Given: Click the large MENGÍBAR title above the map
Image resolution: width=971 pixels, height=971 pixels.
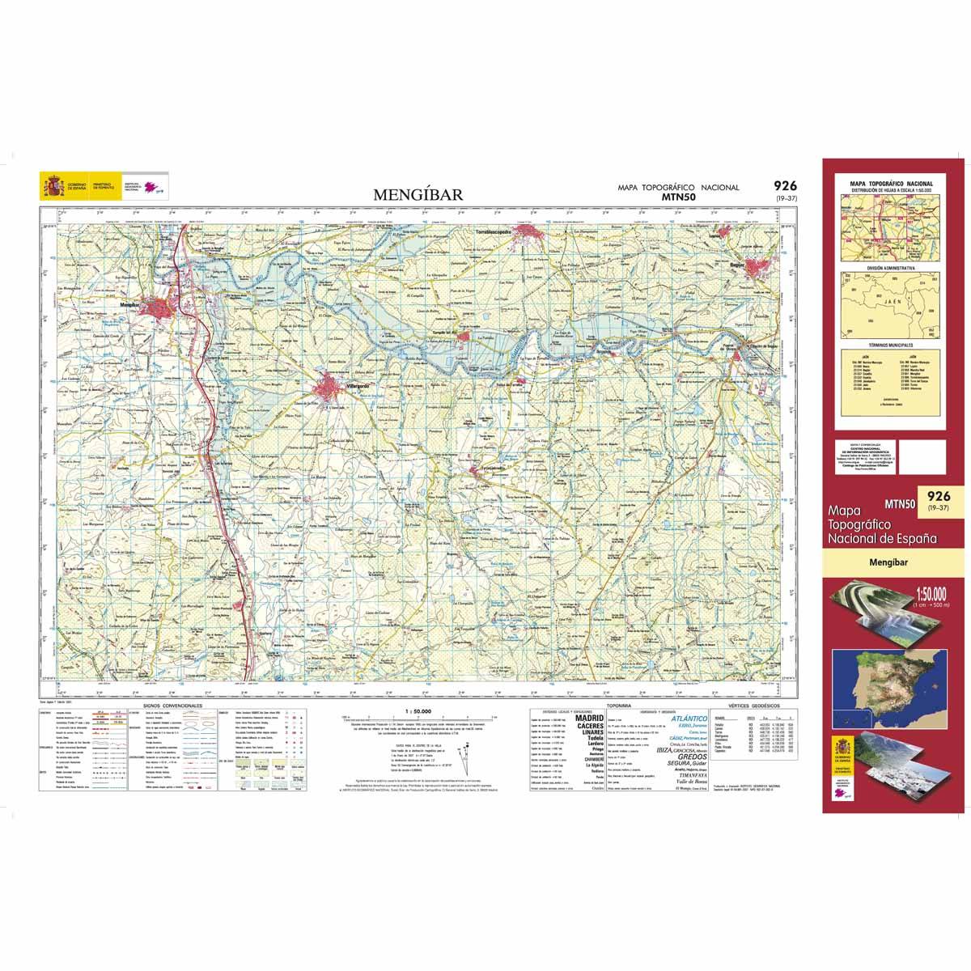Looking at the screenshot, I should (418, 194).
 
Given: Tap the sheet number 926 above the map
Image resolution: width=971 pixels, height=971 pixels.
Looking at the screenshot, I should (784, 186).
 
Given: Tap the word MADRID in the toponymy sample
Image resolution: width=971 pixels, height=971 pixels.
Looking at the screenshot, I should (588, 718).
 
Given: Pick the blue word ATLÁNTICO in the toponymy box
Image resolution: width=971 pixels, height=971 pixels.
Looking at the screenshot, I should (689, 718).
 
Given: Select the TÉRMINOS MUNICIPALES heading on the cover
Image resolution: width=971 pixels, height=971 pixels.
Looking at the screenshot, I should (890, 344).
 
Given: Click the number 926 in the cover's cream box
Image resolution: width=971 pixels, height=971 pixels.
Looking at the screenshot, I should (938, 496).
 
